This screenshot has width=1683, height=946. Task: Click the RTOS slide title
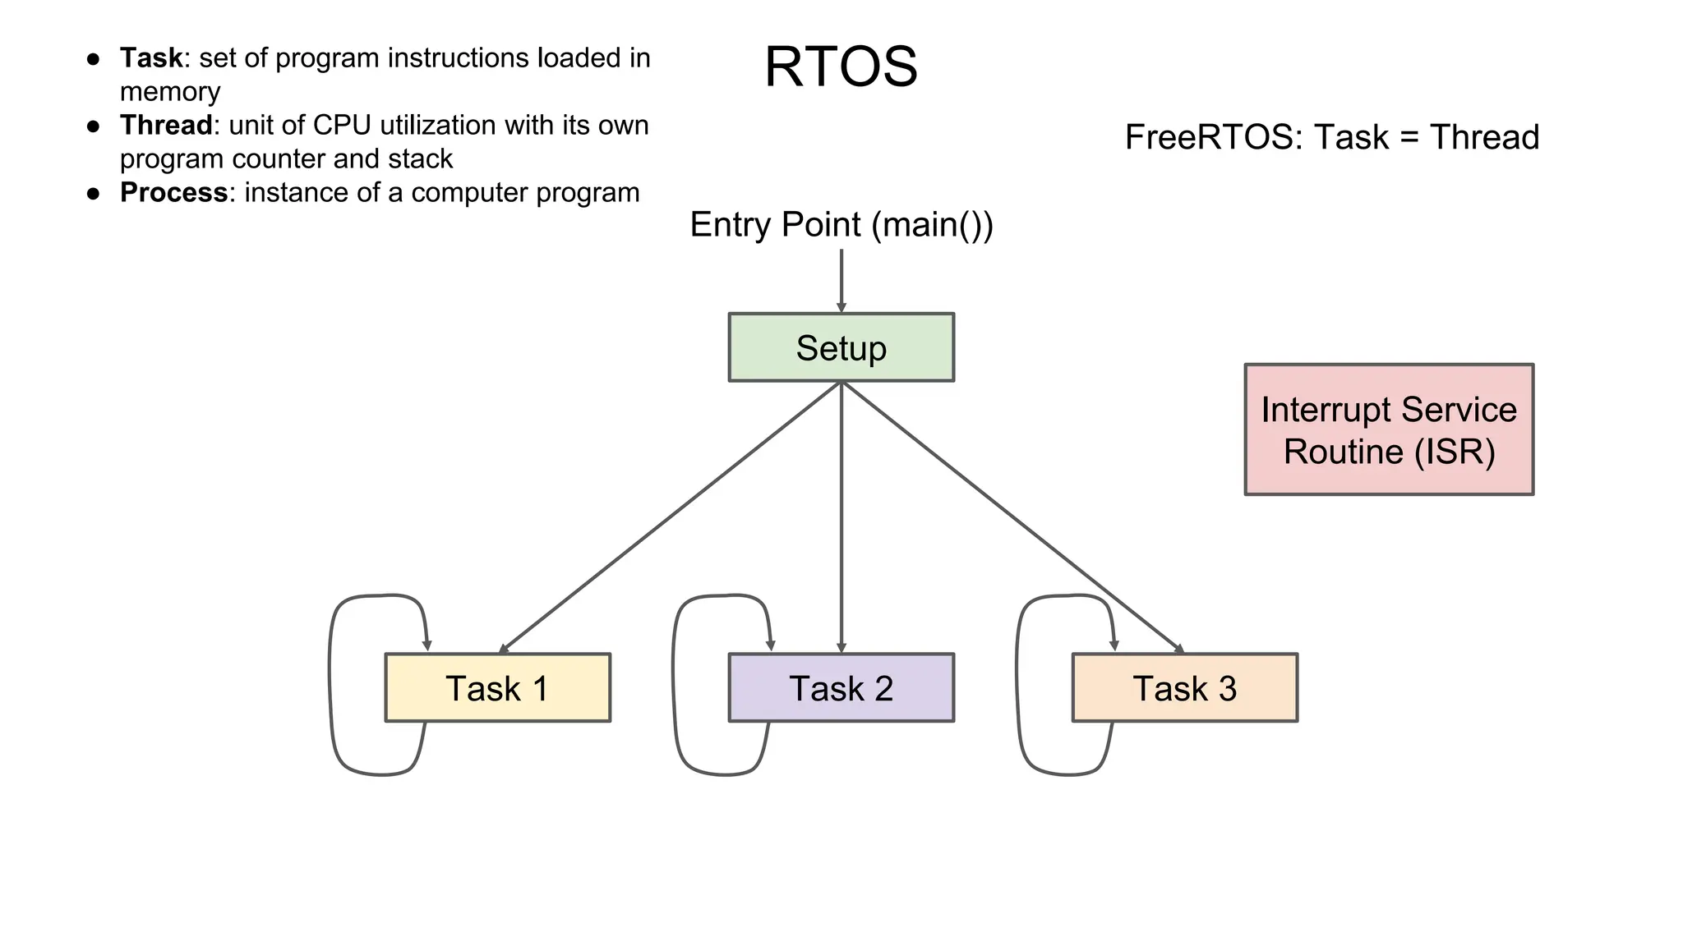click(x=841, y=67)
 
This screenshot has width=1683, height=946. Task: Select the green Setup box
click(x=841, y=347)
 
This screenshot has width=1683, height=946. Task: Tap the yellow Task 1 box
click(x=497, y=688)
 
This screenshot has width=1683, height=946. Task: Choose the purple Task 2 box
click(x=841, y=688)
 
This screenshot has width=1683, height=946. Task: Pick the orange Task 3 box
click(x=1184, y=688)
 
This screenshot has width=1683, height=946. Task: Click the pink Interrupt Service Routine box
click(x=1389, y=429)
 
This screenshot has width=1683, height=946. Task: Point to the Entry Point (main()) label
click(x=841, y=224)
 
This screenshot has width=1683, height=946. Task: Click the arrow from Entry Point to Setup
click(x=841, y=279)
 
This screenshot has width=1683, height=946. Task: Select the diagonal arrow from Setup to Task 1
click(x=670, y=517)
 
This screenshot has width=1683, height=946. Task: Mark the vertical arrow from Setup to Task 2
click(x=841, y=517)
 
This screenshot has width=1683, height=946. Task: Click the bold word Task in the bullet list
click(x=151, y=58)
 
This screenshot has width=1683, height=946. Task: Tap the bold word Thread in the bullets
click(x=166, y=126)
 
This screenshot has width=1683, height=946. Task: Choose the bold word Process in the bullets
click(x=173, y=193)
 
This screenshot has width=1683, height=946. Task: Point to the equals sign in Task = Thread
click(x=1409, y=138)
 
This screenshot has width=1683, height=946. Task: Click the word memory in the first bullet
click(x=170, y=92)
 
